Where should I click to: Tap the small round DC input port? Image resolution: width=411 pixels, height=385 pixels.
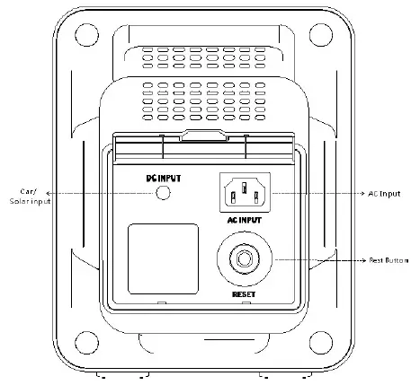click(x=164, y=193)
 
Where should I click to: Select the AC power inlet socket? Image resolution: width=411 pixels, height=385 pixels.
click(x=244, y=192)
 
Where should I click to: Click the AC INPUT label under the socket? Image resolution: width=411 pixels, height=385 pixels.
click(x=244, y=219)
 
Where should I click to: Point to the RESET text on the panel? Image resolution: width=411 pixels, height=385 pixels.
click(x=244, y=293)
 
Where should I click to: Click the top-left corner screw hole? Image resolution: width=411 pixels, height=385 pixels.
click(x=85, y=37)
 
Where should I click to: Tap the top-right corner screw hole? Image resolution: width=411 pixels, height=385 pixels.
click(x=321, y=37)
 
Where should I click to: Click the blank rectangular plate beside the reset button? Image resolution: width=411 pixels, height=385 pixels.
click(x=163, y=258)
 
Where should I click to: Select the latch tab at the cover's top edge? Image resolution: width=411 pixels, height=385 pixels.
click(x=203, y=136)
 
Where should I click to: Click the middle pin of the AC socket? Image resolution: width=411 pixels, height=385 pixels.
click(x=244, y=188)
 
